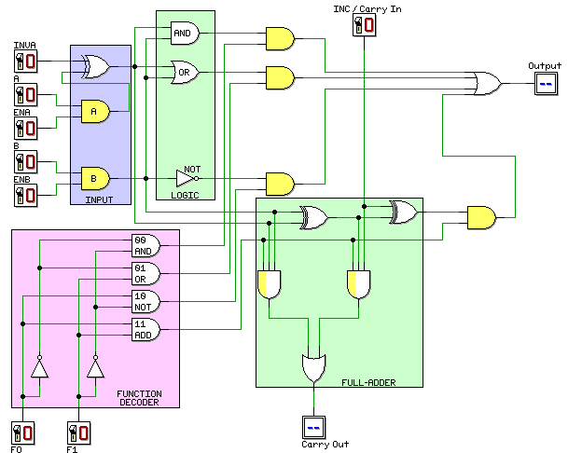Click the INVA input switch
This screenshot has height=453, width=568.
point(25,62)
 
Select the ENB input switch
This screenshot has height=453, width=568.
point(25,195)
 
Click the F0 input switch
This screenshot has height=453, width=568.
point(25,433)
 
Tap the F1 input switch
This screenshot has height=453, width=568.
point(80,433)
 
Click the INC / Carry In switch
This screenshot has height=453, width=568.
point(364,26)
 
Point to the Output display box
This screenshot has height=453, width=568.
point(545,85)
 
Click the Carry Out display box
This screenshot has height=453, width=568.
point(314,427)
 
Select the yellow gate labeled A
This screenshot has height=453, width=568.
point(94,111)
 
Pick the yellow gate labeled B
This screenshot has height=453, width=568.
point(94,177)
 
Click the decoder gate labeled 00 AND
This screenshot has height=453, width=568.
point(145,245)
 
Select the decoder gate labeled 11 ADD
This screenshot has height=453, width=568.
point(145,329)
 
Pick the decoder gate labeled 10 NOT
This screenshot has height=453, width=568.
point(145,300)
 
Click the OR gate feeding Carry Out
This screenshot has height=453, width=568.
point(314,367)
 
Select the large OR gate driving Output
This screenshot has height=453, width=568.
point(487,85)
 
